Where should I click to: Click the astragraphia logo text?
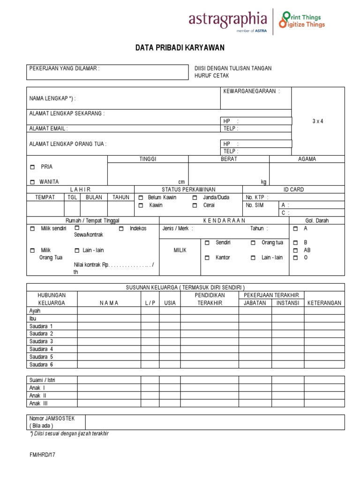click(x=228, y=19)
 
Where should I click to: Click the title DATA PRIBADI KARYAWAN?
click(x=180, y=48)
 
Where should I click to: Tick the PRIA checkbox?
click(x=32, y=167)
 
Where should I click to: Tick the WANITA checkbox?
click(x=32, y=182)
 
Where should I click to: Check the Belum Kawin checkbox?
click(x=141, y=198)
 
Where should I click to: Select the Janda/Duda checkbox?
click(x=195, y=198)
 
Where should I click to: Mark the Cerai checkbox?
click(x=195, y=206)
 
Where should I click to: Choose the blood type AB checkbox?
click(x=295, y=250)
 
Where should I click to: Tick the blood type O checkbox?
click(x=295, y=258)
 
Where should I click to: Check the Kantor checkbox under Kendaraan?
click(x=207, y=258)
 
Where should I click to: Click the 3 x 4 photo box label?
click(x=318, y=121)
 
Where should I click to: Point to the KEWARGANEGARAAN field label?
click(x=252, y=91)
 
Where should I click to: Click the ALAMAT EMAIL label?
click(x=49, y=128)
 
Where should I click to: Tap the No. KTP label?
click(x=257, y=198)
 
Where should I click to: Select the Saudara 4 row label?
click(x=41, y=349)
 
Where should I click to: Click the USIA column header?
click(x=170, y=303)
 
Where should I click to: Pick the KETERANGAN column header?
click(x=324, y=303)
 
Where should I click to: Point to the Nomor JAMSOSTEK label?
click(x=49, y=418)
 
